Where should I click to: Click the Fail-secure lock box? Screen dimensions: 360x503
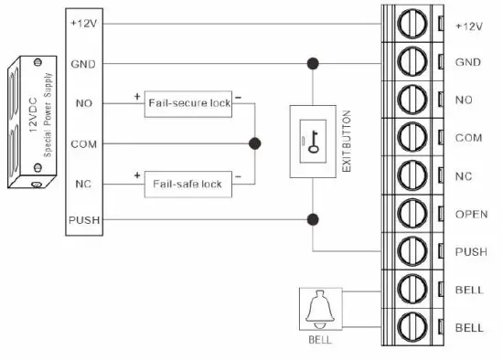tap(188, 104)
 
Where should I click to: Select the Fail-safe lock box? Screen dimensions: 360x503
tap(188, 184)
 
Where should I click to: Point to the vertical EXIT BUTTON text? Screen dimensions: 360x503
tap(346, 142)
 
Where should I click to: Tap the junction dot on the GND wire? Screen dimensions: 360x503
tap(314, 64)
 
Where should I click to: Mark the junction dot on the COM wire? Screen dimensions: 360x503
tap(255, 143)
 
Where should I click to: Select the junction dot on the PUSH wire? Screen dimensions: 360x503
tap(314, 219)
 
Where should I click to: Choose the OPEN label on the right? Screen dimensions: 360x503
tap(466, 214)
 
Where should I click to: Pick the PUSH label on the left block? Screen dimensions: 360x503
tap(85, 220)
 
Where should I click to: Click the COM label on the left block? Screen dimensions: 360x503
tap(85, 143)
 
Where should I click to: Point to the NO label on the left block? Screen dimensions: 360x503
tap(85, 103)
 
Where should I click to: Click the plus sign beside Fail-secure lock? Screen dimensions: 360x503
tap(137, 94)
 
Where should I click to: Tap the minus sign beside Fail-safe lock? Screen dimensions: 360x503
tap(239, 174)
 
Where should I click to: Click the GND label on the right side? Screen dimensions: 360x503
tap(466, 63)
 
